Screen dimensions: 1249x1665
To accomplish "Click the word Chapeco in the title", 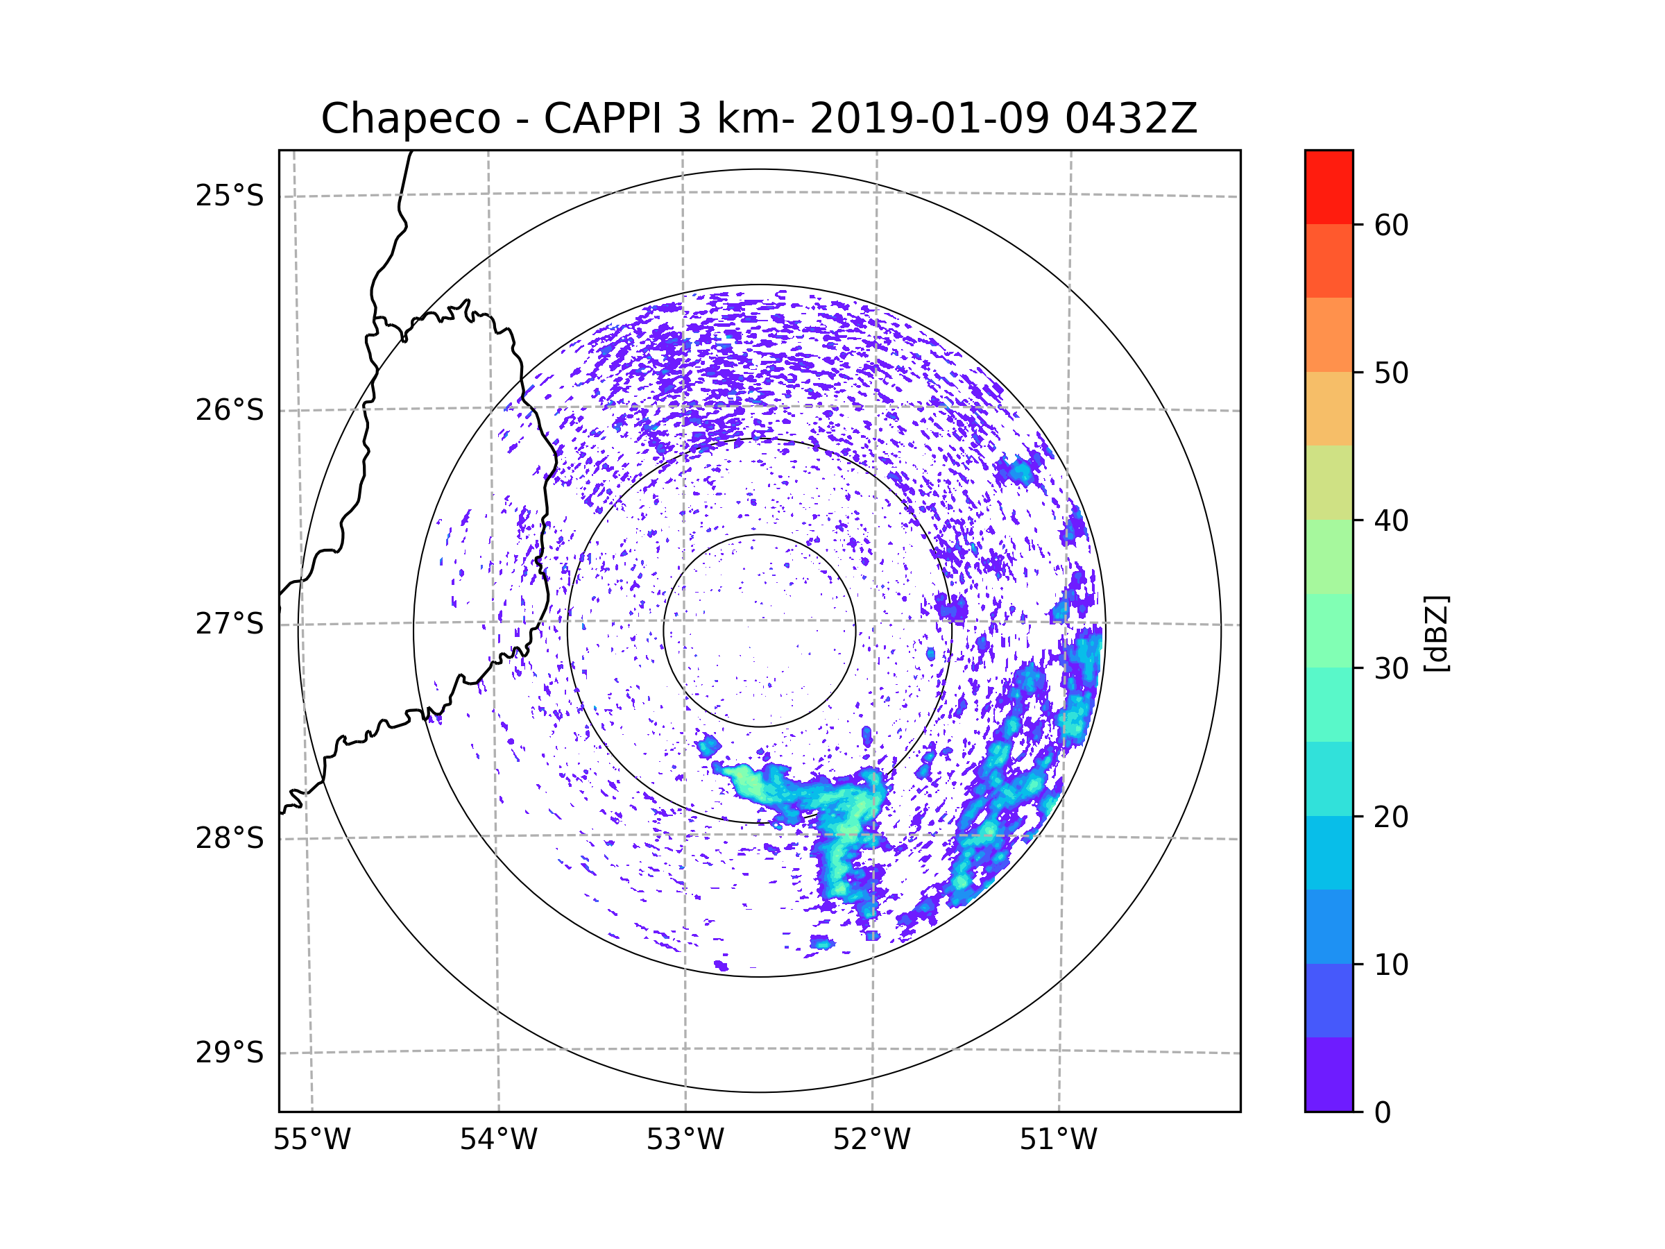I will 410,119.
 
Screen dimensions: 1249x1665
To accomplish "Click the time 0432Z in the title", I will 1131,119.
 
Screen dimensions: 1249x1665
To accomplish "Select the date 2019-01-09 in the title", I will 929,119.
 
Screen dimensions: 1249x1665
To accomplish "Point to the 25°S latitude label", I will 230,196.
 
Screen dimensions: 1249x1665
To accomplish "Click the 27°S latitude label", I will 230,624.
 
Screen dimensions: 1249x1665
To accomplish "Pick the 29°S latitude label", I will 230,1053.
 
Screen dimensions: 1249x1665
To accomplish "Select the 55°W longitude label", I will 311,1140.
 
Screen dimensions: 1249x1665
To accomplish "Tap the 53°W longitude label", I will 685,1140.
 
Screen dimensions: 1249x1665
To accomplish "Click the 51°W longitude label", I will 1058,1140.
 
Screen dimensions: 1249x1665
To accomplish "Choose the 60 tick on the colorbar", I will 1391,225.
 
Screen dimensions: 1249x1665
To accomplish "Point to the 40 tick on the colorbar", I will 1391,521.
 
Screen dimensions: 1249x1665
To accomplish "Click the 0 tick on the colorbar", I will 1383,1113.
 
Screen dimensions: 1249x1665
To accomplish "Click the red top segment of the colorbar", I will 1329,187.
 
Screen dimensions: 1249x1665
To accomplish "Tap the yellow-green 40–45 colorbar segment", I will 1329,482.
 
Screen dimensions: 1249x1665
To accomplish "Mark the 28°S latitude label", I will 230,838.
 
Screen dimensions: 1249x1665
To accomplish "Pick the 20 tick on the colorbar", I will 1391,817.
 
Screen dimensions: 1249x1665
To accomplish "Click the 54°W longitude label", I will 498,1140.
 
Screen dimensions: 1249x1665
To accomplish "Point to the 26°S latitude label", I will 230,410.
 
